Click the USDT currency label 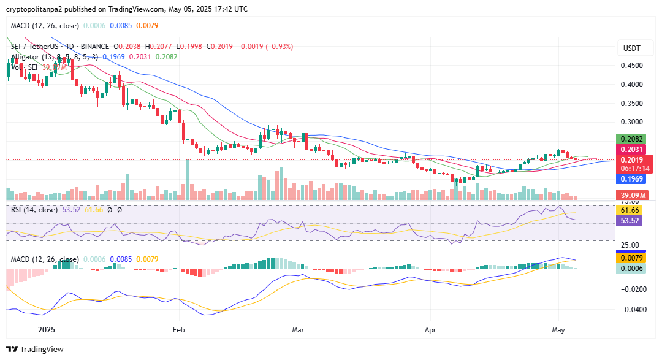(631, 48)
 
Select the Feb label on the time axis (178, 329)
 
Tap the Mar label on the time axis (298, 329)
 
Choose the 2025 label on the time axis (47, 329)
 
